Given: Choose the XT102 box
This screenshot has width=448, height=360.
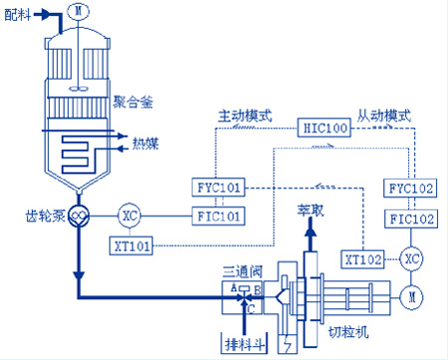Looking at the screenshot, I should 363,260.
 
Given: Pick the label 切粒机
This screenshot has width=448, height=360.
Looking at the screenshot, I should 348,331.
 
